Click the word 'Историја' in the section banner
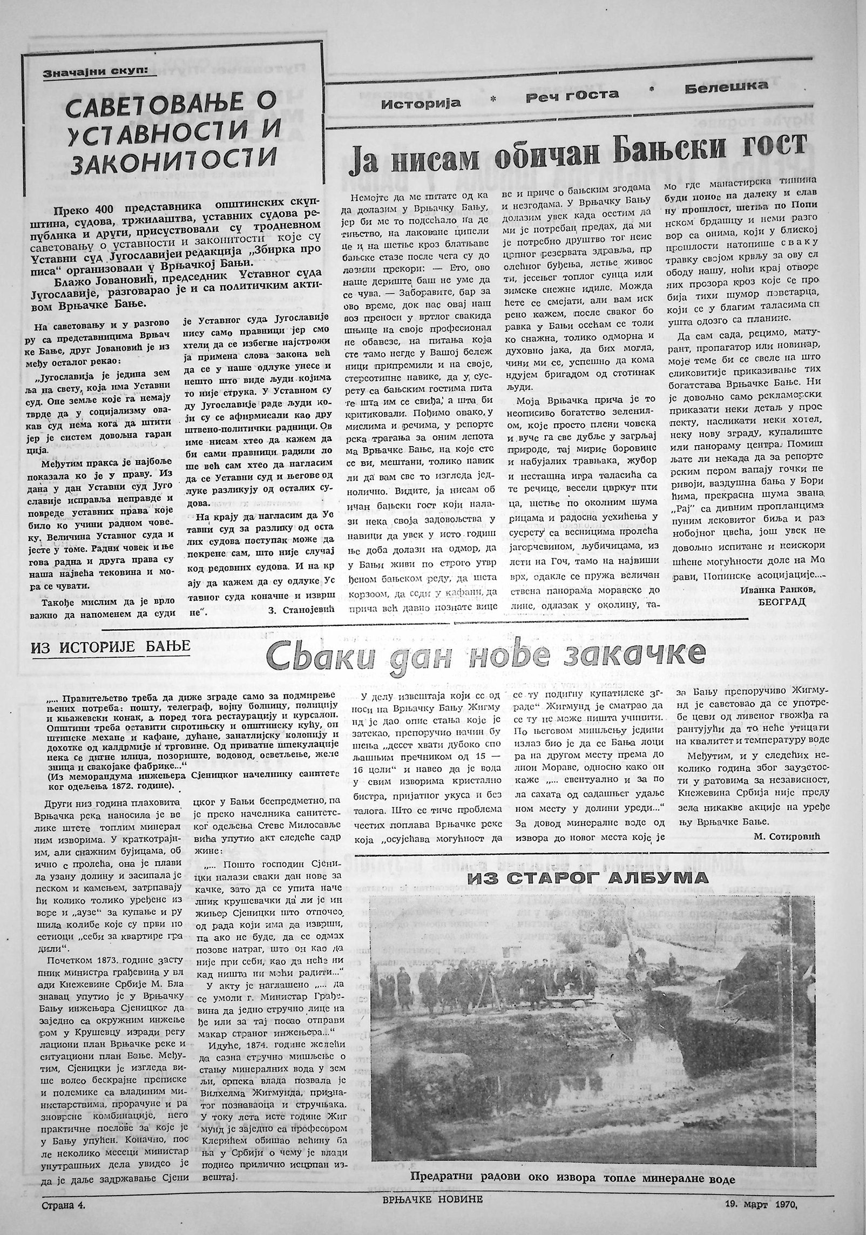[x=421, y=103]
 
